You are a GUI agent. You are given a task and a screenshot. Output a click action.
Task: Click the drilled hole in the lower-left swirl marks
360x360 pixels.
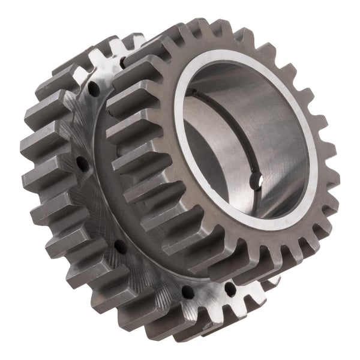click(x=118, y=245)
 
